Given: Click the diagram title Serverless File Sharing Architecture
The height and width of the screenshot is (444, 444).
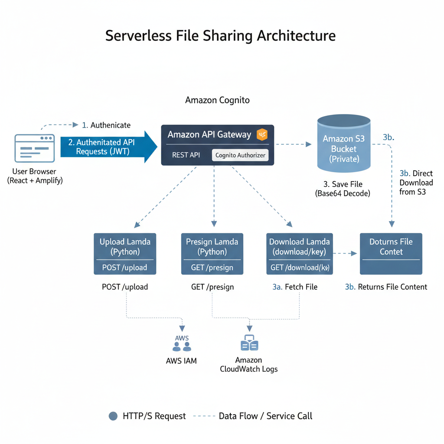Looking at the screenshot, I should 220,36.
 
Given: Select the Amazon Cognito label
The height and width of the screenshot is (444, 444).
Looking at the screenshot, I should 217,100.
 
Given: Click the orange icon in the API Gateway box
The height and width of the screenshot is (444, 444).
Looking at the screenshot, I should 262,135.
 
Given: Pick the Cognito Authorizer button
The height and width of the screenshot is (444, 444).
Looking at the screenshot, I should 240,155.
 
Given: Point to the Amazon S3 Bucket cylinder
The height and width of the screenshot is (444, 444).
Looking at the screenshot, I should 344,143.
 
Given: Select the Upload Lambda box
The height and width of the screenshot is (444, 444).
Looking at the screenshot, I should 125,254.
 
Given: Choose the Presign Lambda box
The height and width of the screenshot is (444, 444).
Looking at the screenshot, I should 212,254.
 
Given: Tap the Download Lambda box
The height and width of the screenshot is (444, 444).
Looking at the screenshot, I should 299,254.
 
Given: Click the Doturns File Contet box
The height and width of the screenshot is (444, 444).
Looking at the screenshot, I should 391,254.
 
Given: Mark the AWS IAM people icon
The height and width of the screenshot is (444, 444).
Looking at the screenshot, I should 182,346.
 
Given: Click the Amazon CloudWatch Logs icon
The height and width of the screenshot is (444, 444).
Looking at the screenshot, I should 249,343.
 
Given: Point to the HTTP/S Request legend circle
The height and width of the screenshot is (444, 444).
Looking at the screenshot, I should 113,416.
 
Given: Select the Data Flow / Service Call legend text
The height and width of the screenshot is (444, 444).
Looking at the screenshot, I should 265,416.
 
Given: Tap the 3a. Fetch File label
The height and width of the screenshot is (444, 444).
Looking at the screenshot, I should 295,287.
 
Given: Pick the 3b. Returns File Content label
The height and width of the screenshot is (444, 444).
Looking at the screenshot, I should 386,287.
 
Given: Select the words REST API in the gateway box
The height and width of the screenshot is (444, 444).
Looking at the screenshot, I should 186,155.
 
